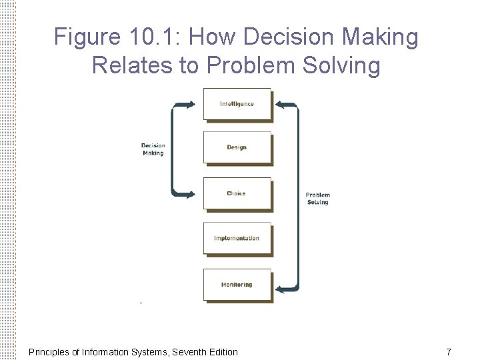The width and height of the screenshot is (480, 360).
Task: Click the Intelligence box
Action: pos(237,104)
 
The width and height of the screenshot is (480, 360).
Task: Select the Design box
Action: pos(237,147)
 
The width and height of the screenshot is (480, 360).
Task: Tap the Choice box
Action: pos(237,193)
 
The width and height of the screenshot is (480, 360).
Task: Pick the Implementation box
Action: pos(237,238)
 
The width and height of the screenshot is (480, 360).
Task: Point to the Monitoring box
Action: pos(237,285)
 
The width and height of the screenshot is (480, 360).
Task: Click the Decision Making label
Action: pos(153,149)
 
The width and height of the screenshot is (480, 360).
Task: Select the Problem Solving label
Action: pos(318,199)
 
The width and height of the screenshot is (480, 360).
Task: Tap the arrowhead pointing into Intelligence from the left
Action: pos(191,104)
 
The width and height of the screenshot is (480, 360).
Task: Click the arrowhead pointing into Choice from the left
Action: pos(191,194)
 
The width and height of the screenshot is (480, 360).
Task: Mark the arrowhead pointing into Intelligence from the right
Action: pos(281,105)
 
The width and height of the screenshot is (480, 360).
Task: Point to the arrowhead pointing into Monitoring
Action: pos(281,289)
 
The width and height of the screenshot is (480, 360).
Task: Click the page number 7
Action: pos(449,352)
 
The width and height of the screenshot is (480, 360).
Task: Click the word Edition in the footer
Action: pos(223,352)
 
